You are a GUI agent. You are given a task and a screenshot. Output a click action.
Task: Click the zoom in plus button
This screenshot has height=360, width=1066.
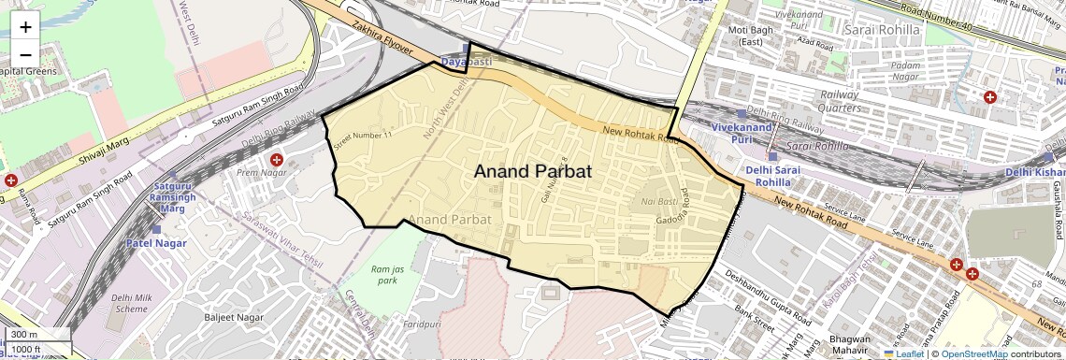25,27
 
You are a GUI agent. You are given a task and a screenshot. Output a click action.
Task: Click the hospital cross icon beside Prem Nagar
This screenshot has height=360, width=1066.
277,160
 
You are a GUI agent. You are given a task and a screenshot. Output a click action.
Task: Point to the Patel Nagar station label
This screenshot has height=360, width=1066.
156,243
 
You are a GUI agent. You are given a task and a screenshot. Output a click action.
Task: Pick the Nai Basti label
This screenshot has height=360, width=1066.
659,202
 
